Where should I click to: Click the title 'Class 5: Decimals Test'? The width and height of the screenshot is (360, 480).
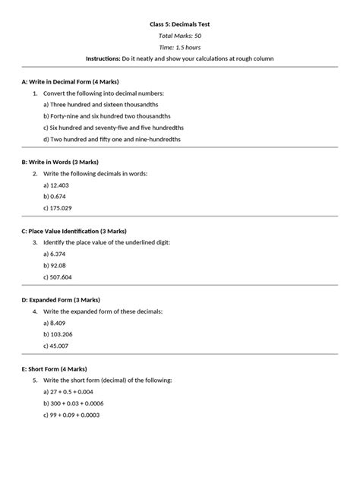click(x=179, y=24)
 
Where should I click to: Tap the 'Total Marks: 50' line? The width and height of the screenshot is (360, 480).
click(x=179, y=36)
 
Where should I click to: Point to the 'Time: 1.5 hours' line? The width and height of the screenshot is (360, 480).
click(x=179, y=47)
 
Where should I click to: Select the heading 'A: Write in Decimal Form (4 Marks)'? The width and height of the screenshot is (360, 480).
click(x=70, y=81)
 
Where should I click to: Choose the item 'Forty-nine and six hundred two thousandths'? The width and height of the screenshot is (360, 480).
click(x=109, y=116)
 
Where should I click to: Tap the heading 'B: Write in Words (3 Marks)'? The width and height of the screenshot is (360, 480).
click(x=60, y=162)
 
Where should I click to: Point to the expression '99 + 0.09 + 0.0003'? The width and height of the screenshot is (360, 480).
click(x=80, y=415)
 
